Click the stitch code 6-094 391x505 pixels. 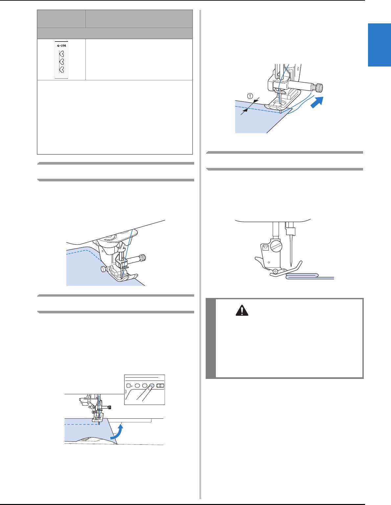pos(61,46)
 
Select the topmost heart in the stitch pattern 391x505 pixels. pos(62,54)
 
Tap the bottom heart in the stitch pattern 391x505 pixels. pos(62,69)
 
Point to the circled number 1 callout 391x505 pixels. pos(250,96)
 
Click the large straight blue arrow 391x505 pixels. pos(317,102)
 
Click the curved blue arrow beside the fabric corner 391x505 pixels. pos(117,432)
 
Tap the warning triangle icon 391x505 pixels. pos(242,310)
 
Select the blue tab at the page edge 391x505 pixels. pos(379,45)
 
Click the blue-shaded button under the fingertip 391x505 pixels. pos(152,385)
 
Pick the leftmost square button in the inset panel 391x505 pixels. pos(128,385)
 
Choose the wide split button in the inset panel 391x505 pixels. pos(160,385)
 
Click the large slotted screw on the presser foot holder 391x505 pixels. pos(276,246)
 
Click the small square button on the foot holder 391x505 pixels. pos(265,248)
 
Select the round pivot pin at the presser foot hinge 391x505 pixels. pos(275,271)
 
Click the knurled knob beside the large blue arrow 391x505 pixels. pos(318,88)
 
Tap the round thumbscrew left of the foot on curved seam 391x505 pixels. pos(103,269)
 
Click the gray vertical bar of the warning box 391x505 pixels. pos(211,338)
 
